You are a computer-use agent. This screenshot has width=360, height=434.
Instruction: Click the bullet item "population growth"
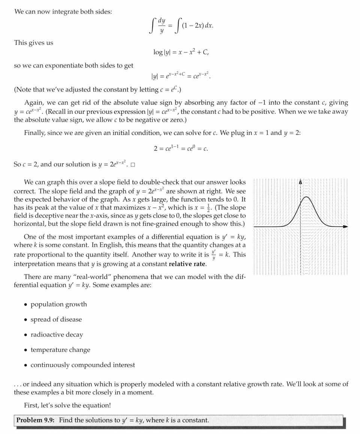[x=58, y=304]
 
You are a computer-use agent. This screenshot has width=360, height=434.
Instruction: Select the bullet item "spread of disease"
[x=56, y=319]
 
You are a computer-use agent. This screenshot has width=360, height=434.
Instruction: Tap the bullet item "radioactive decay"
[x=57, y=335]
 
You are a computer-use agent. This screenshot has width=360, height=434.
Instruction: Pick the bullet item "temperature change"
[x=60, y=350]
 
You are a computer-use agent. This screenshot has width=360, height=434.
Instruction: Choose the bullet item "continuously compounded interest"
[x=82, y=365]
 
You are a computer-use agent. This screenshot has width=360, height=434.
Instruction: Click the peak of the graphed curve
[x=306, y=197]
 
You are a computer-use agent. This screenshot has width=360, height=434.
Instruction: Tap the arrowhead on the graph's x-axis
[x=345, y=227]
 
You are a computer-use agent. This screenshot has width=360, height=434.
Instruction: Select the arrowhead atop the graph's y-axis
[x=300, y=182]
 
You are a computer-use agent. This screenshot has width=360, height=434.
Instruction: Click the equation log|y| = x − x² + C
[x=181, y=52]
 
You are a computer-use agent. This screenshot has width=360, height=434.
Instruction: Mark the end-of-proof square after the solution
[x=133, y=164]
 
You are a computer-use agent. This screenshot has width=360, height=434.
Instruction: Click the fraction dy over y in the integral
[x=162, y=26]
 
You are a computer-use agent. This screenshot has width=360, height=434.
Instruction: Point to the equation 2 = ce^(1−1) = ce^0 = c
[x=181, y=148]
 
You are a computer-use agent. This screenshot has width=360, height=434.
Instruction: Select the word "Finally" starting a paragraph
[x=34, y=133]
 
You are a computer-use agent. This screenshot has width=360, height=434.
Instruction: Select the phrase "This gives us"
[x=34, y=43]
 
